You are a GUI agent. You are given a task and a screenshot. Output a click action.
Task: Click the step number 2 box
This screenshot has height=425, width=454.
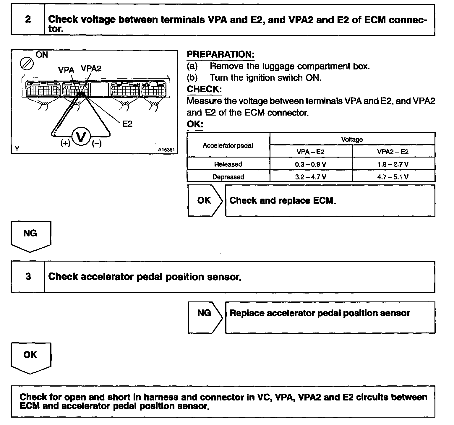28,20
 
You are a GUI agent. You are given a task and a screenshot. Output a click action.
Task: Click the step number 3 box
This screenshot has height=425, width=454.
28,277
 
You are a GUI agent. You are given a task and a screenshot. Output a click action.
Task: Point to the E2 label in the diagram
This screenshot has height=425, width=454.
127,124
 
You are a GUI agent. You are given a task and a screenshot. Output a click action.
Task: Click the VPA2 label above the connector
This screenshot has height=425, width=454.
91,69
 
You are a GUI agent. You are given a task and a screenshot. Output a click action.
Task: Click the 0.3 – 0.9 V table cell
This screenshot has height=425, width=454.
311,164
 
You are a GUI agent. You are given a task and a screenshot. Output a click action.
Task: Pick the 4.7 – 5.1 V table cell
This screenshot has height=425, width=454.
393,177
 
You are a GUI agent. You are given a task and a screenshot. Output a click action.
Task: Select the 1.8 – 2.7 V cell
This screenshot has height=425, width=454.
393,164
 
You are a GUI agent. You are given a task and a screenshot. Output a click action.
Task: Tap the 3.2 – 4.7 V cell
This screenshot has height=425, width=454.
311,177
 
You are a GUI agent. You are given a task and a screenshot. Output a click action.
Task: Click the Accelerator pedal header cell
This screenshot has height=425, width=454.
228,146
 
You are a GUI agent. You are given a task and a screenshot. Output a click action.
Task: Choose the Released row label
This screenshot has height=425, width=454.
228,164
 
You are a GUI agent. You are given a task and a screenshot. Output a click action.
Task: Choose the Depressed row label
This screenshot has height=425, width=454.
228,177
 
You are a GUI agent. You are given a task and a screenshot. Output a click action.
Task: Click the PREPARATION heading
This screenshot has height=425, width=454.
220,54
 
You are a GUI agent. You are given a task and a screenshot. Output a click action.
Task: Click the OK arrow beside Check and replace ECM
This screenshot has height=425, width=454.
205,201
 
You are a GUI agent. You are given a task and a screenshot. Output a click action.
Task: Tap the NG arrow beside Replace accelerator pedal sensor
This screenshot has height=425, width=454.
205,313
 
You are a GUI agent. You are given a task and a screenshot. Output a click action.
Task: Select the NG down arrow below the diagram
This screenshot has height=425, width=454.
30,236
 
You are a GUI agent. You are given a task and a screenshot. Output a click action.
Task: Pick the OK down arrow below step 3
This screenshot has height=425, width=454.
30,357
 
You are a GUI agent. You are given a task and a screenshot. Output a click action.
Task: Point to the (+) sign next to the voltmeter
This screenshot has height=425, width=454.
65,143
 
